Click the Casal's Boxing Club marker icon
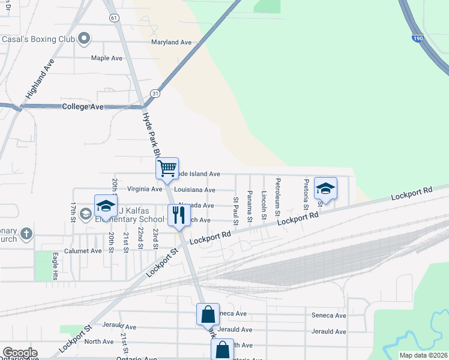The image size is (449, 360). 84,39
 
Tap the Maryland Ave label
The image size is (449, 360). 171,43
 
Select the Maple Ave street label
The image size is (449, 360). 106,58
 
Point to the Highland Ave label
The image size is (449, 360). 40,79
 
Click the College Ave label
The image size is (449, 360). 83,106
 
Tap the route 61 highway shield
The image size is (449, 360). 113,18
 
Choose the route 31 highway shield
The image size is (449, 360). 155,93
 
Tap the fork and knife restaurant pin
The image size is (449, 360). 178,215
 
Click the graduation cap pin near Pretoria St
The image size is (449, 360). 325,188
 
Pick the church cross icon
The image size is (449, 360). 26,233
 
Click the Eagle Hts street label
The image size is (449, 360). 55,266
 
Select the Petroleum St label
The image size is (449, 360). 278,193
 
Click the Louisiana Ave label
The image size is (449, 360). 194,190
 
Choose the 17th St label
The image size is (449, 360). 73,212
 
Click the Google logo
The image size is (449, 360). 20,353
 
